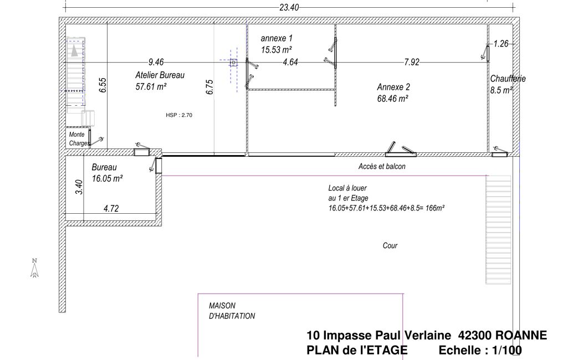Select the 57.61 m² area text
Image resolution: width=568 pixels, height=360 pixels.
tap(151, 86)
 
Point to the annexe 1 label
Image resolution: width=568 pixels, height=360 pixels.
tap(277, 39)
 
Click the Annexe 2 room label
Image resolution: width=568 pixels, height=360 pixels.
tap(393, 87)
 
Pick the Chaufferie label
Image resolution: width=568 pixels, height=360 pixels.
tap(508, 79)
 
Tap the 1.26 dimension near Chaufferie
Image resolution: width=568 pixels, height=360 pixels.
tap(501, 44)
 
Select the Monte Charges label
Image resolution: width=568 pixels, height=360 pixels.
tap(78, 138)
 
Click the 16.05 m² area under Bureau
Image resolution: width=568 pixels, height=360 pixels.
tap(107, 178)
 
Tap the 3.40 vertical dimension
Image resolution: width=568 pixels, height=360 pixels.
tap(79, 187)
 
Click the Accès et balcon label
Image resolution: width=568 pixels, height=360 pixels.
tap(382, 166)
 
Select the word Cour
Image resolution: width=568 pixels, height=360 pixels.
tap(390, 245)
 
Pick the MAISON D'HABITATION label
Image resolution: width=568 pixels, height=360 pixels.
tap(232, 311)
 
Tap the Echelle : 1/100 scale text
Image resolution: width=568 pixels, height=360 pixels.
tap(479, 350)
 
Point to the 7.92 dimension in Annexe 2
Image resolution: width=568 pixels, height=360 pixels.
tap(412, 62)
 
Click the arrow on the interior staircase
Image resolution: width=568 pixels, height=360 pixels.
tap(74, 51)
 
